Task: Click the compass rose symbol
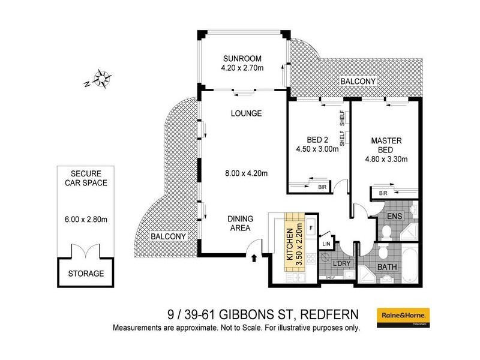pos(101,79)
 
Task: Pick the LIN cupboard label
pos(326,244)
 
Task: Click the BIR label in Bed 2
pos(323,187)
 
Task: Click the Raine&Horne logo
pos(400,314)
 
